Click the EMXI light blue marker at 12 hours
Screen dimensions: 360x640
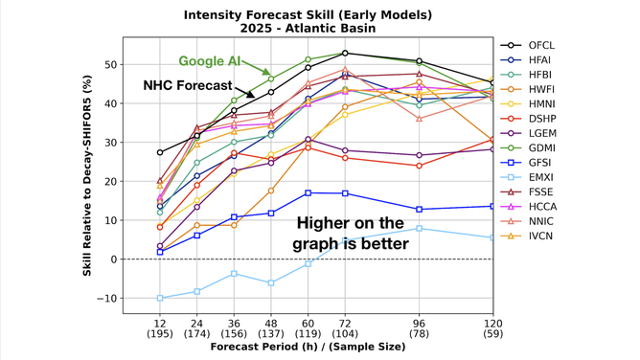(160, 298)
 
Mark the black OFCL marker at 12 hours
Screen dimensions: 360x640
(160, 152)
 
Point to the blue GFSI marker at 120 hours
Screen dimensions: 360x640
(492, 206)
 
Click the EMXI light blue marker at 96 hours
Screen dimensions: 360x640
(419, 228)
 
